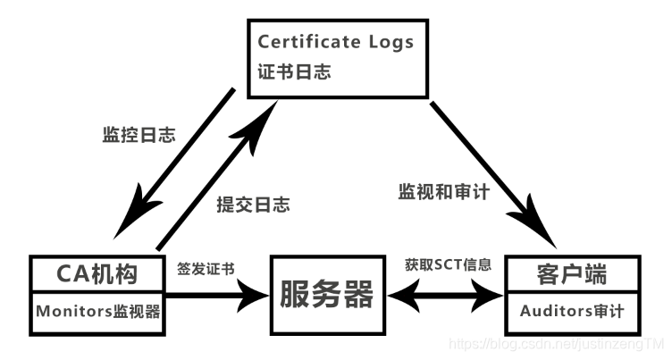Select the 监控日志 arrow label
click(139, 137)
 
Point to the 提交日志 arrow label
click(254, 205)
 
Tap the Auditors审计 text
click(569, 312)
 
